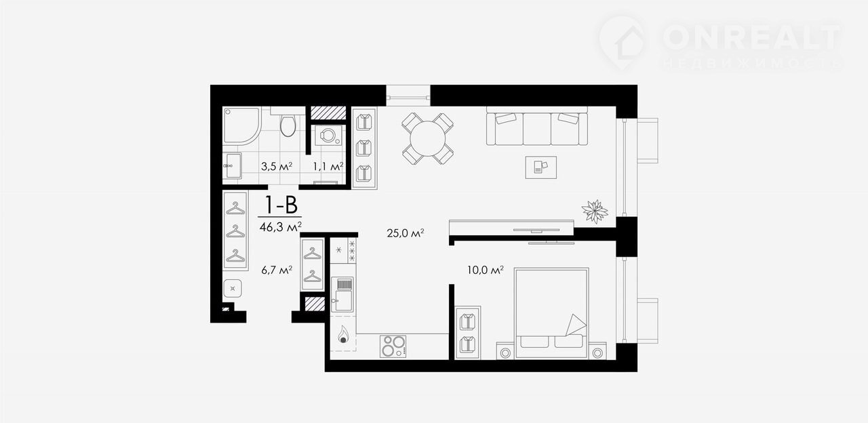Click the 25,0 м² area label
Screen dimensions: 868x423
406,233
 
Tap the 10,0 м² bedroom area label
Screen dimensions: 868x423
485,270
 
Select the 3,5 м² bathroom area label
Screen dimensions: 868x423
276,167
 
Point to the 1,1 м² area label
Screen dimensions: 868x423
328,167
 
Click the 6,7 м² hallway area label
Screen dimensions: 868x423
277,270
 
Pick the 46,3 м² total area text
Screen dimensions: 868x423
281,227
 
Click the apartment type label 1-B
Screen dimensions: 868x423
281,205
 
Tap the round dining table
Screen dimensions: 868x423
427,139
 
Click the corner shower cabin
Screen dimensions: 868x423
241,126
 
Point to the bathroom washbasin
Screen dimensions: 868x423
233,165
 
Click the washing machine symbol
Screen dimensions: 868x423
328,135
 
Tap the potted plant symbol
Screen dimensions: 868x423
595,211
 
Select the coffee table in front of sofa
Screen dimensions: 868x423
541,167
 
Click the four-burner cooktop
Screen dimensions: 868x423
393,346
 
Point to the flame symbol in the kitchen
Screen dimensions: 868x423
343,334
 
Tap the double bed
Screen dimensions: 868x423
551,313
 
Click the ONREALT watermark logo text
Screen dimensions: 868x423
752,37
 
